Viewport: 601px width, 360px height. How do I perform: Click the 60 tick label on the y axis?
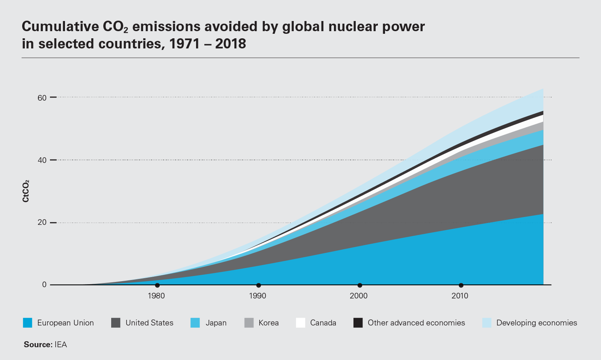(x=42, y=98)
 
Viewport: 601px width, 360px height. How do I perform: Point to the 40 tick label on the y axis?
(x=42, y=160)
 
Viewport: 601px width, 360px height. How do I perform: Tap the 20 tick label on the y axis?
(x=42, y=223)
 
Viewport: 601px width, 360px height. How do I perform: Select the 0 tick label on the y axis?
(x=44, y=285)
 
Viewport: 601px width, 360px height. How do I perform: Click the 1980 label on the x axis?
(x=156, y=296)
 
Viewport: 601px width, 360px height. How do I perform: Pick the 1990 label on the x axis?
(x=258, y=296)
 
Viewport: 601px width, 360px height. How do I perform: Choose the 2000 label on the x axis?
(x=359, y=296)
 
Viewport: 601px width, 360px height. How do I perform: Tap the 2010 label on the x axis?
(x=460, y=296)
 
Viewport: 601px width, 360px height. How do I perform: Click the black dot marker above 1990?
(x=258, y=285)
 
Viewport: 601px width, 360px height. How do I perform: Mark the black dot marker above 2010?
(x=461, y=285)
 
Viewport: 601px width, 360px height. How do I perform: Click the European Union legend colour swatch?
(x=27, y=323)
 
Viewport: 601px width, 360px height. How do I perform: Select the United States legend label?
(x=149, y=323)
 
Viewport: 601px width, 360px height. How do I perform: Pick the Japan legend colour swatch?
(x=195, y=323)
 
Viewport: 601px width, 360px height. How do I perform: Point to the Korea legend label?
(x=269, y=323)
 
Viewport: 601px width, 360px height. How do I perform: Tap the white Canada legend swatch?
(x=300, y=323)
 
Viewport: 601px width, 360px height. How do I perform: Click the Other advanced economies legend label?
(x=416, y=323)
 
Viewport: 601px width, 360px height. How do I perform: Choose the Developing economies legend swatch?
(x=487, y=323)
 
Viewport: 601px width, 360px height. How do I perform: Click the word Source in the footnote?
(x=38, y=345)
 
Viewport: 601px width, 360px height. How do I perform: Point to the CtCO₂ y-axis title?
(x=26, y=191)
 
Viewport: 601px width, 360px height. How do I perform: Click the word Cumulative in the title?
(x=60, y=27)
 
